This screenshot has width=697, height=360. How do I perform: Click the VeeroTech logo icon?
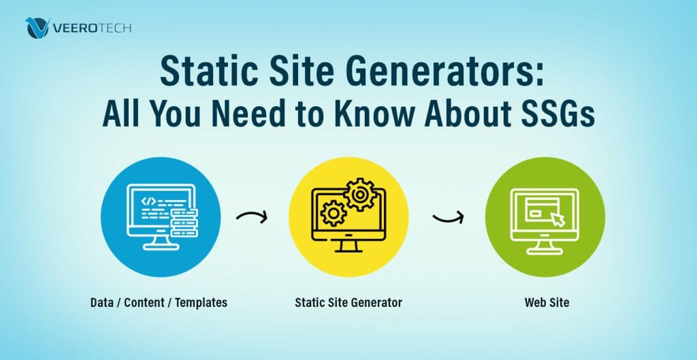[x=37, y=28]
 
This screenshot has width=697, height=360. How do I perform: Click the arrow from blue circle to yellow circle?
[x=252, y=217]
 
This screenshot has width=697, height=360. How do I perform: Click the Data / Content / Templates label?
[x=159, y=302]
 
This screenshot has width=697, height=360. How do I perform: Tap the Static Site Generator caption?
[x=348, y=302]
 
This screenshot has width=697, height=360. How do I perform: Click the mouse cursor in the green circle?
[x=558, y=219]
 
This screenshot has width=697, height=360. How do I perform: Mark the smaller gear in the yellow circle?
[x=334, y=213]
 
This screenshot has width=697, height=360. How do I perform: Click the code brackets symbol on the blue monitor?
[x=148, y=201]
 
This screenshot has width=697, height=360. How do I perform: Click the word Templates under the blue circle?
[x=201, y=302]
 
